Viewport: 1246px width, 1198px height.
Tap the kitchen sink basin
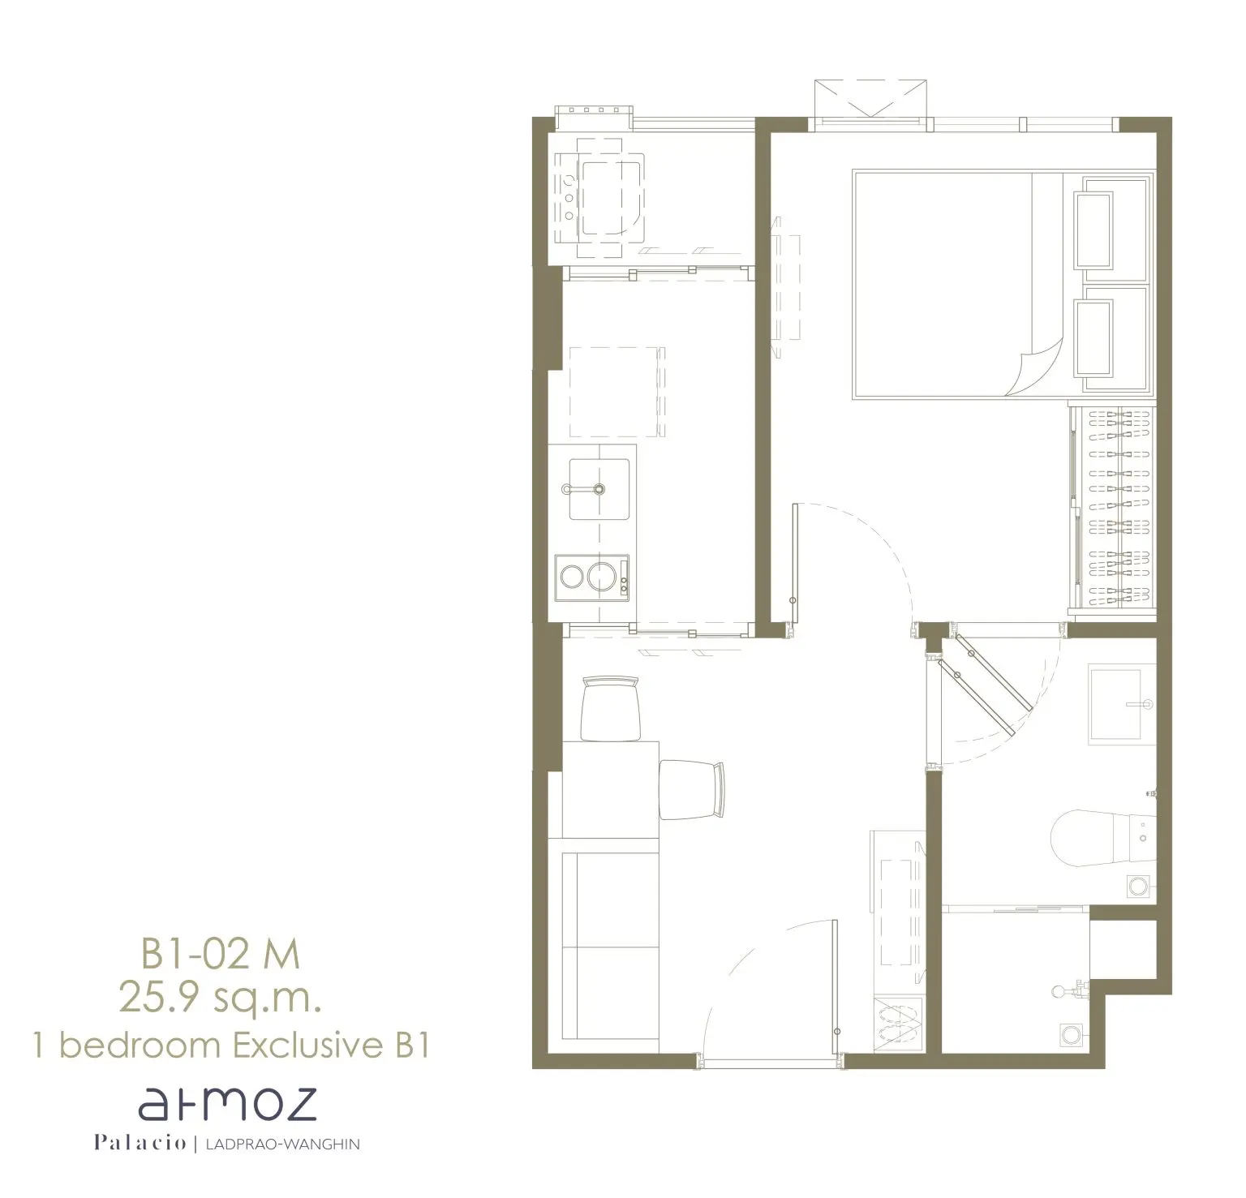tap(599, 489)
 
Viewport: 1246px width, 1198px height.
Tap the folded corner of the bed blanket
tap(1038, 367)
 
